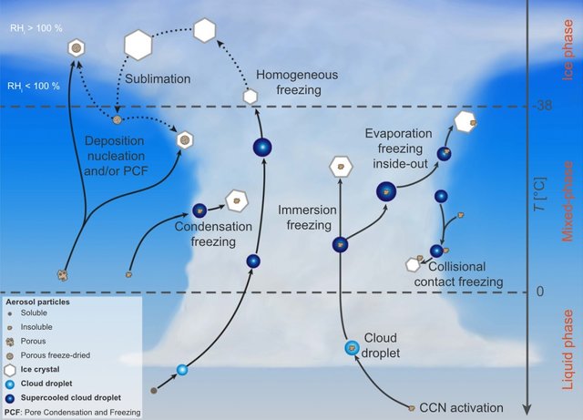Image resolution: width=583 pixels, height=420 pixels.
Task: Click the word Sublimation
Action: pyautogui.click(x=158, y=79)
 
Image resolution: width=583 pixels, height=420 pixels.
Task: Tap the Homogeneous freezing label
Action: pyautogui.click(x=297, y=82)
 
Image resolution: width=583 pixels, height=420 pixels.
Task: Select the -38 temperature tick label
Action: pyautogui.click(x=545, y=106)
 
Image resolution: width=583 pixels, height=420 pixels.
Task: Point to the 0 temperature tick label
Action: pyautogui.click(x=540, y=291)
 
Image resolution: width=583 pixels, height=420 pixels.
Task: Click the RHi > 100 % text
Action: pyautogui.click(x=36, y=28)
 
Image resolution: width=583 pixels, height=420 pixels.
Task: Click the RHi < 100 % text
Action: pyautogui.click(x=34, y=87)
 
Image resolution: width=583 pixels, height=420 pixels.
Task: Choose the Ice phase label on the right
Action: pyautogui.click(x=568, y=50)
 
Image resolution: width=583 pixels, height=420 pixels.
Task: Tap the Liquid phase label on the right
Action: pyautogui.click(x=568, y=350)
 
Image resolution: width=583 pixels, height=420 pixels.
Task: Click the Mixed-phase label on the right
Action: pyautogui.click(x=568, y=201)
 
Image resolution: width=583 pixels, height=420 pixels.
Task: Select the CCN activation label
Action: pyautogui.click(x=462, y=408)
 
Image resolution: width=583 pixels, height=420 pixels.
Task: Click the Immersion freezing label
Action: pyautogui.click(x=308, y=218)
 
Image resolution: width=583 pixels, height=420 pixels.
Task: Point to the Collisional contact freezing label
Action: pyautogui.click(x=458, y=274)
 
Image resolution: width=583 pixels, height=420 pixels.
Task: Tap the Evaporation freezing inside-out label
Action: pyautogui.click(x=399, y=149)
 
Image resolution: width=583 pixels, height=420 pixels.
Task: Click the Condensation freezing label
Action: pyautogui.click(x=213, y=234)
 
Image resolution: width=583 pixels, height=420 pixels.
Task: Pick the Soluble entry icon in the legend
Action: pyautogui.click(x=10, y=313)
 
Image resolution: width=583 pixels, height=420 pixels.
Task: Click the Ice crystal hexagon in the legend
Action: pyautogui.click(x=10, y=370)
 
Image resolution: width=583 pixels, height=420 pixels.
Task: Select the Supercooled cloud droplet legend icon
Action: pyautogui.click(x=10, y=398)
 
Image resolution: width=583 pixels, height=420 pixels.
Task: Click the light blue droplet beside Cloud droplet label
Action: pyautogui.click(x=352, y=348)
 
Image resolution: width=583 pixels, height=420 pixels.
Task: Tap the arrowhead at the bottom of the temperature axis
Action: pyautogui.click(x=527, y=410)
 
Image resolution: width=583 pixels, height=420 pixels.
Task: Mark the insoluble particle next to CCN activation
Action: pyautogui.click(x=412, y=408)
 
